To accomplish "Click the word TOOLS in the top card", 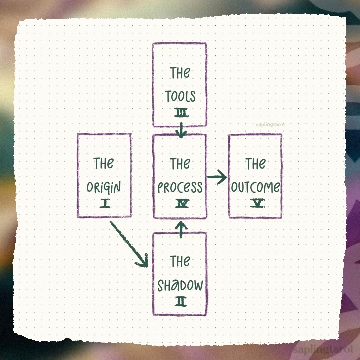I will (180, 96).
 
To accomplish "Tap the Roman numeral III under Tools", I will (181, 114).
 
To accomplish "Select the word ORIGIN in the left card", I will (104, 188).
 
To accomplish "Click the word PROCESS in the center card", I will (180, 188).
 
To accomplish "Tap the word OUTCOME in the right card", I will (255, 188).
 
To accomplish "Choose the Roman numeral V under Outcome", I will (256, 204).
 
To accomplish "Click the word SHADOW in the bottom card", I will (180, 285).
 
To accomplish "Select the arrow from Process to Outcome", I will (216, 177).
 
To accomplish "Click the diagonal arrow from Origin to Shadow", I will (129, 243).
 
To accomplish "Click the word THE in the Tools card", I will (180, 73).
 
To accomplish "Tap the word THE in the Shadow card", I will (180, 261).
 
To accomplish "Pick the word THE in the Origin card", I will (104, 163).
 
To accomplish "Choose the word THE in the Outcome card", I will (255, 163).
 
